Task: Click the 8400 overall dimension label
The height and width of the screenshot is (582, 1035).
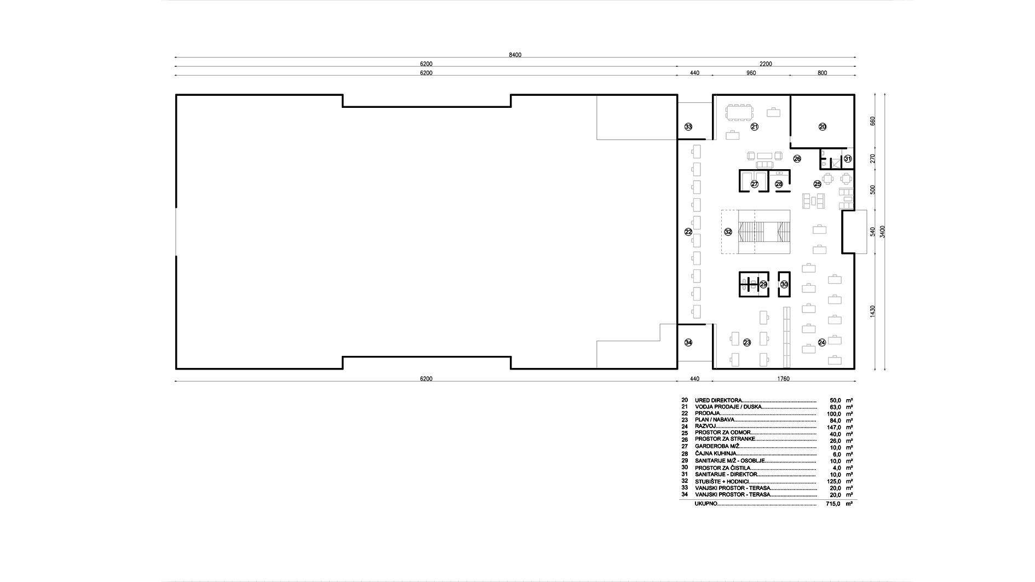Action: point(515,55)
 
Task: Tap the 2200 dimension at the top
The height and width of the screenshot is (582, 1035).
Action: point(766,64)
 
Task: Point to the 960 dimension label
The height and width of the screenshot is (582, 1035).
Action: point(751,73)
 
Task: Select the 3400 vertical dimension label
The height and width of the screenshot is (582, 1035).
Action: point(882,232)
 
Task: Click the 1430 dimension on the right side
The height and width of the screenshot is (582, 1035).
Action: point(873,311)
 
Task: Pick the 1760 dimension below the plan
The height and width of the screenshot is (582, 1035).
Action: point(783,379)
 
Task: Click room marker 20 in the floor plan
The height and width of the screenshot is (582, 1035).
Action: point(823,126)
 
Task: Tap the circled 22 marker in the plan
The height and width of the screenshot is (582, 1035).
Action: point(688,232)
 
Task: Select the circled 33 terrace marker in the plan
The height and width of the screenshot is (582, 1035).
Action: point(688,126)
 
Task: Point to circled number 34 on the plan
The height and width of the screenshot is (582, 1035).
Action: point(688,342)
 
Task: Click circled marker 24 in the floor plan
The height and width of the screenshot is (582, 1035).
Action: point(821,342)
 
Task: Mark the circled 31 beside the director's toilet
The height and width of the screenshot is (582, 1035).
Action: point(848,159)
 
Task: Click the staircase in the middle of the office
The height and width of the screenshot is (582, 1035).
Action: point(764,232)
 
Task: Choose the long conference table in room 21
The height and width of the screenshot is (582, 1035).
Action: point(739,112)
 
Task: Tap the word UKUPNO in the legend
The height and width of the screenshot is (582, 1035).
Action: point(706,503)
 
